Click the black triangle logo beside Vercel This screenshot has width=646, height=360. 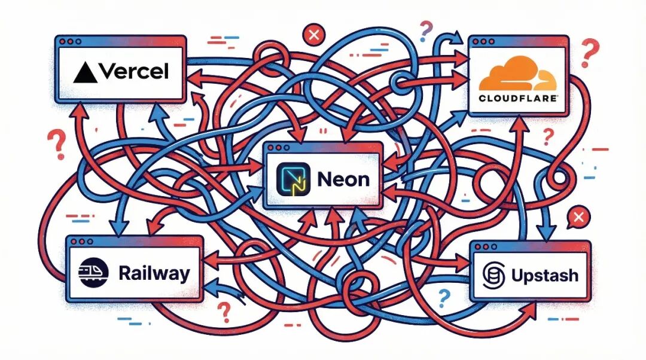[x=85, y=72]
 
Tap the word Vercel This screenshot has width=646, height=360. [x=133, y=72]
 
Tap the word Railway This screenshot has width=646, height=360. [x=154, y=274]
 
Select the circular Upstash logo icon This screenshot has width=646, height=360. [x=495, y=276]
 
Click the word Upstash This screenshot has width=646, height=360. [x=545, y=276]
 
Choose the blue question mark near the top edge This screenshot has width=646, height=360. [x=426, y=28]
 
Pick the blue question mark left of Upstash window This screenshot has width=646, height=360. [x=443, y=296]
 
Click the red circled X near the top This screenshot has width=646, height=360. [x=312, y=36]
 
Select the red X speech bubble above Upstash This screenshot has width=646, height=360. [x=577, y=217]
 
